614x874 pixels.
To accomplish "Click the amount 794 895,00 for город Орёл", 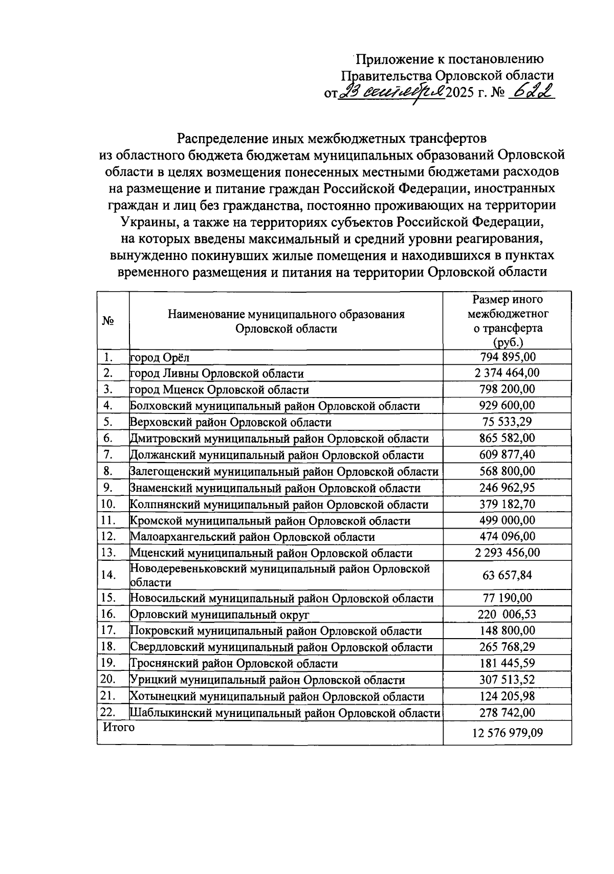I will [x=507, y=357].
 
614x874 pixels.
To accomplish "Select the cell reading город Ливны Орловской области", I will [x=217, y=374].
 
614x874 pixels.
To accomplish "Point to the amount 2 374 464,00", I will [x=507, y=373].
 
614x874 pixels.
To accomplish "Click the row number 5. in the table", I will [x=107, y=422].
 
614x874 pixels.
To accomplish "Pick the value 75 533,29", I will [x=507, y=422].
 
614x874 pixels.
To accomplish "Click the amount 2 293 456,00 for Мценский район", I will [x=507, y=553].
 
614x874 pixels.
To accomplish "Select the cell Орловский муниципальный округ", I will [x=220, y=615].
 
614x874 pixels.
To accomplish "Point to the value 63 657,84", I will [x=507, y=575].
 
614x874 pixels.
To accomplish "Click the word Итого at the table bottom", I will [x=119, y=727].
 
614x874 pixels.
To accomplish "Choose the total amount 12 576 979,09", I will [x=507, y=733].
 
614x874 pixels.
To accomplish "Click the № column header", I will [x=108, y=321].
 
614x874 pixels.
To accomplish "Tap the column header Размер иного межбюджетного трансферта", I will [x=507, y=321].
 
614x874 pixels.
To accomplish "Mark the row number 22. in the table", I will [x=108, y=712].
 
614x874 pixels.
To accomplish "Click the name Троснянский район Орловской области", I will [x=234, y=664].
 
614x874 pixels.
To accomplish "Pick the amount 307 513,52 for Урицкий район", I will [x=507, y=680].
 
